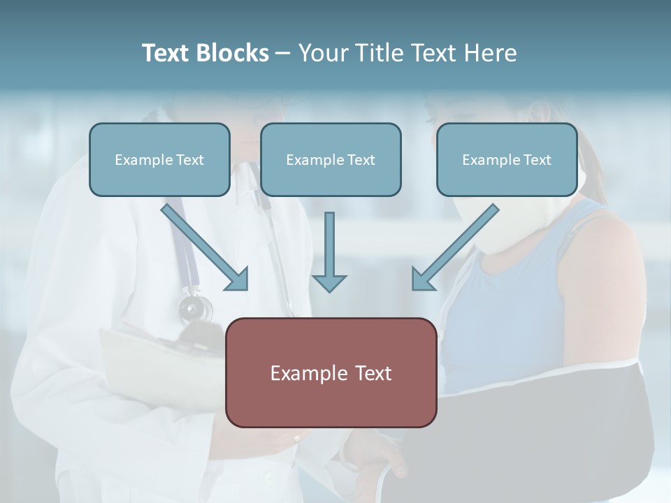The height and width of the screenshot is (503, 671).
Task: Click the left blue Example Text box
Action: [x=159, y=159]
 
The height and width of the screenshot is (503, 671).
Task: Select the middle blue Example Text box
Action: [x=331, y=159]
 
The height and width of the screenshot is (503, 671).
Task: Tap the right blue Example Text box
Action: [x=507, y=159]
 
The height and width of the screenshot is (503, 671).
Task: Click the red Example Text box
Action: [x=331, y=372]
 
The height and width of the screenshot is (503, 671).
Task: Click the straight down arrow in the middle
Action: [x=329, y=251]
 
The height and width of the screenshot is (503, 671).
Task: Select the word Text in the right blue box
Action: [x=537, y=159]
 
